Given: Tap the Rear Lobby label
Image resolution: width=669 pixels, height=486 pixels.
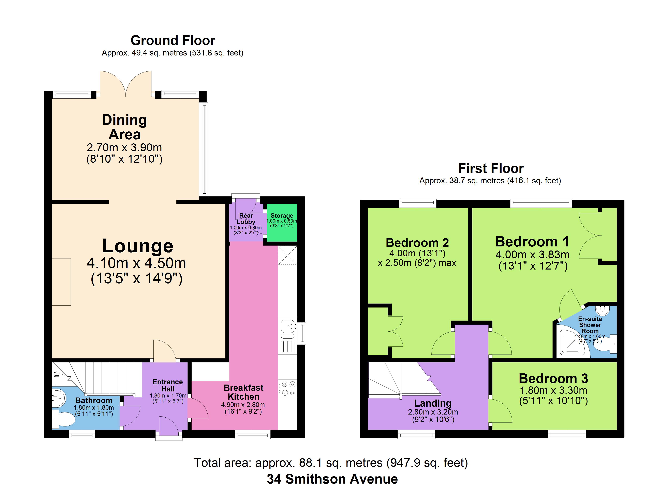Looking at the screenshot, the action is coord(246,219).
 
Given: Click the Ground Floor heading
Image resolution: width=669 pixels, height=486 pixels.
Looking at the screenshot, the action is coord(173,40).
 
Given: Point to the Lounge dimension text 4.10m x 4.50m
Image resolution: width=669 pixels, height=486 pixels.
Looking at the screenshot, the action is coord(136,263).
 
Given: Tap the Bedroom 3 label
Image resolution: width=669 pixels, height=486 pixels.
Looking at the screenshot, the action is coord(553,378).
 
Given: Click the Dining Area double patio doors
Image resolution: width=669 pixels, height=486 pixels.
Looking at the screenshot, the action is coord(126,84).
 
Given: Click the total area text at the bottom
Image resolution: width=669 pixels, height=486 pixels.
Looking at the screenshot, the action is coord(331,463).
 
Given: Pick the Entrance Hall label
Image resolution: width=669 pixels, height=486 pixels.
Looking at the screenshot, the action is coord(168,386).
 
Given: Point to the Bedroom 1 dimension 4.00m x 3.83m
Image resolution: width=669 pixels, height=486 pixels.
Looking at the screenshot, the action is coord(532,254).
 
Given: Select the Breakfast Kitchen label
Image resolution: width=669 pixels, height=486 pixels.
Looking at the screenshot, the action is coord(244,392).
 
